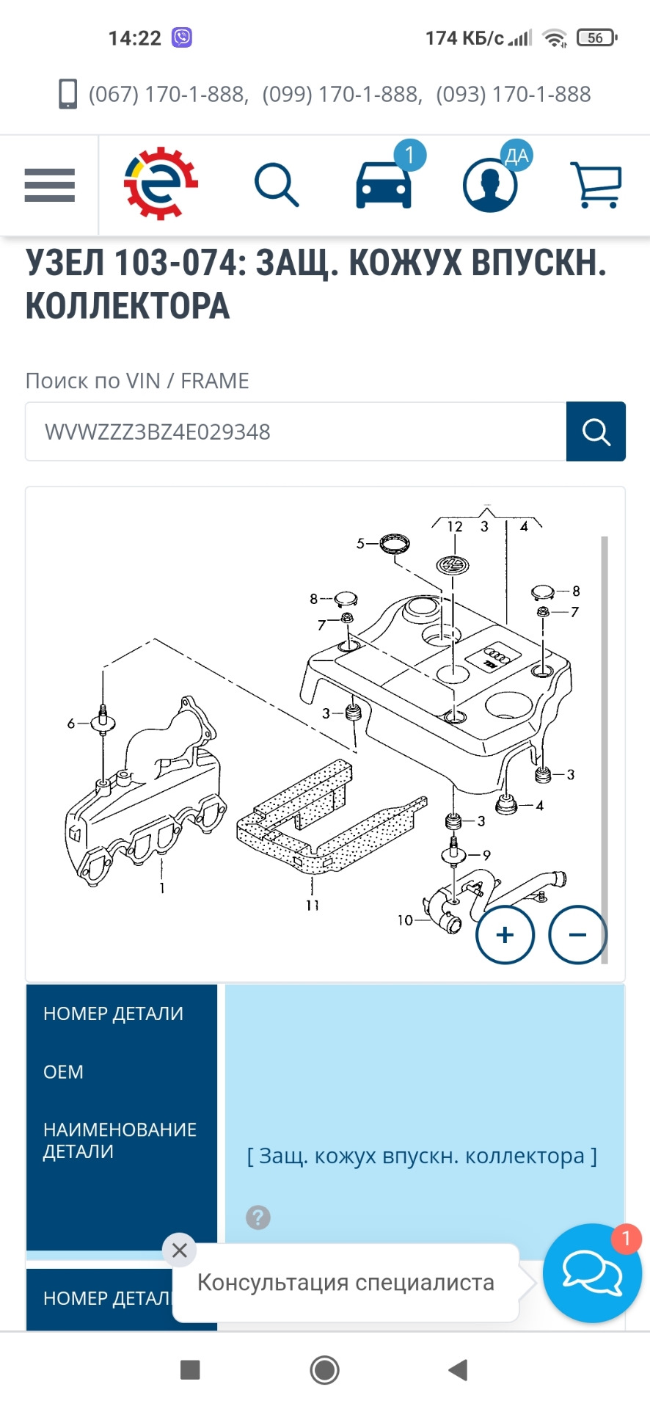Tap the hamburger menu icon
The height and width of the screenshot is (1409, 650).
(50, 185)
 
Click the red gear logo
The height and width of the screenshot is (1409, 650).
(161, 183)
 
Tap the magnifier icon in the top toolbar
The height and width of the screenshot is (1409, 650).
(277, 186)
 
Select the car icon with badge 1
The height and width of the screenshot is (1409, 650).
(384, 184)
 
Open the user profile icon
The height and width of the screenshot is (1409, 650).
(490, 185)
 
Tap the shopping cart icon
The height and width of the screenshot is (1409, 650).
(596, 185)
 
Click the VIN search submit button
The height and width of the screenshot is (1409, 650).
(596, 432)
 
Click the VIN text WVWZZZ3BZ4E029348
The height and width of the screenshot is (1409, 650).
(158, 432)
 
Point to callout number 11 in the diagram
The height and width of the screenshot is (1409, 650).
(313, 906)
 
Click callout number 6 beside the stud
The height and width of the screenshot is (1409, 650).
(71, 724)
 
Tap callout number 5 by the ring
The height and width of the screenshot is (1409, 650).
(360, 544)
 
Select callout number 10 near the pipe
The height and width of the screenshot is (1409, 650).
(405, 920)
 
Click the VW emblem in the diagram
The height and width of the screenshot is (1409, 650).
(453, 565)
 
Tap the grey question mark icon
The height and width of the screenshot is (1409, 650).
(258, 1217)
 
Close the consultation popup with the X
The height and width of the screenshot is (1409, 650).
(179, 1250)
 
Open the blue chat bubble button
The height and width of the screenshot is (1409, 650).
(592, 1273)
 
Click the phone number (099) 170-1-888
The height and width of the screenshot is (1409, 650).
(343, 95)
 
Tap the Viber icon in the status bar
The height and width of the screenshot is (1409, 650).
(182, 37)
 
